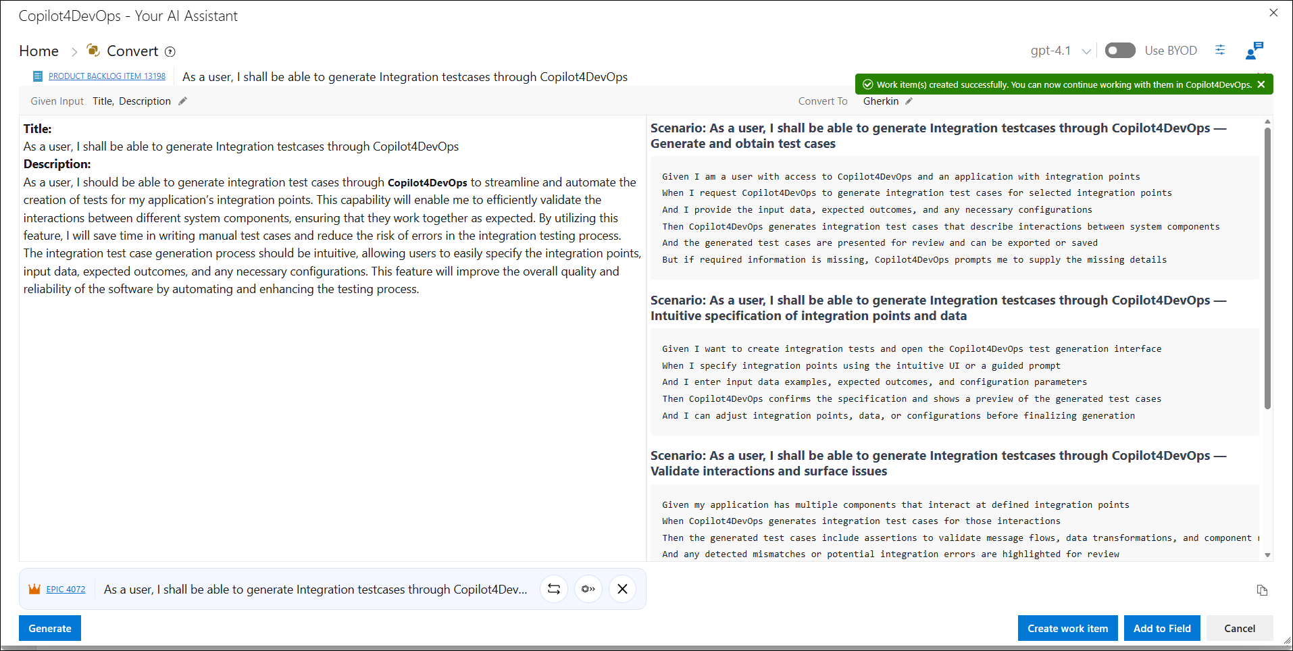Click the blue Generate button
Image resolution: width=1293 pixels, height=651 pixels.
click(x=50, y=628)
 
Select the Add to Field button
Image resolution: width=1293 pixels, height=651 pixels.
click(x=1162, y=628)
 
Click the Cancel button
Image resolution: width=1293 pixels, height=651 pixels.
click(x=1240, y=628)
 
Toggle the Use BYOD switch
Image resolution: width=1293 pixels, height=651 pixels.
click(x=1120, y=51)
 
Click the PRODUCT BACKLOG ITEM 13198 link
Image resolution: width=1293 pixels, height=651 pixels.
click(x=107, y=76)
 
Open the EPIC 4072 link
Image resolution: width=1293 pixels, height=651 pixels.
click(x=66, y=590)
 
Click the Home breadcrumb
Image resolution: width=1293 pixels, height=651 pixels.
click(x=39, y=51)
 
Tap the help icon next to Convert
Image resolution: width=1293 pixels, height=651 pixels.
click(x=170, y=52)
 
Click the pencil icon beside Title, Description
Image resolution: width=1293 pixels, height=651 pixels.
click(x=182, y=101)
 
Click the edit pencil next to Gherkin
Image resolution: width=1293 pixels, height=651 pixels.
click(x=909, y=101)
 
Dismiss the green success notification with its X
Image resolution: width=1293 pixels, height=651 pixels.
click(x=1261, y=84)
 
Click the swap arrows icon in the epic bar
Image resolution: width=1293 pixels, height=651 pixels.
click(x=554, y=589)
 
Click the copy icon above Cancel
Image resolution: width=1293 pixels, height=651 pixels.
click(x=1262, y=590)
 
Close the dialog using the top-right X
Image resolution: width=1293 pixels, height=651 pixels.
click(x=1273, y=13)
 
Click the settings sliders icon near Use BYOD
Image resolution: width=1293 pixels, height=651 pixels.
click(x=1220, y=50)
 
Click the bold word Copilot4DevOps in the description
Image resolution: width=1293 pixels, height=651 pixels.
click(x=427, y=183)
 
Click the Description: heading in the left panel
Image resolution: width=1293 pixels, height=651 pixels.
click(x=57, y=164)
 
